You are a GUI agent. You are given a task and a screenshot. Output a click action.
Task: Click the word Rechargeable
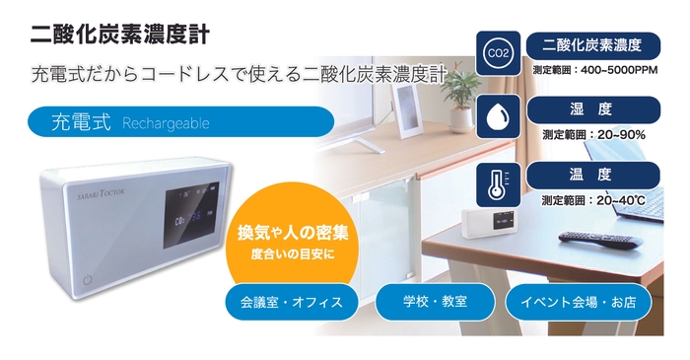(x=167, y=123)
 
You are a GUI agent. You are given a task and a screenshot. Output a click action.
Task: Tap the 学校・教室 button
(x=434, y=302)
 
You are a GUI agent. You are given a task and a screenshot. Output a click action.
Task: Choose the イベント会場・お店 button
(x=579, y=302)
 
